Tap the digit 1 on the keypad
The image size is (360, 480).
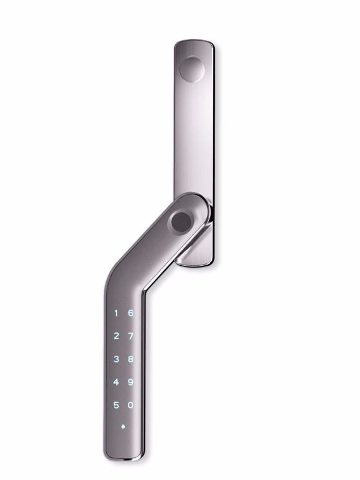[x=116, y=313]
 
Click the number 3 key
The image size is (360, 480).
[x=116, y=359]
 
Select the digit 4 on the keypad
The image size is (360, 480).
[x=116, y=382]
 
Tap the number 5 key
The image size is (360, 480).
[x=116, y=405]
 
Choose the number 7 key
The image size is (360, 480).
[x=130, y=335]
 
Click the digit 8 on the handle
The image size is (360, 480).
[x=130, y=359]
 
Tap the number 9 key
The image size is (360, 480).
[x=130, y=382]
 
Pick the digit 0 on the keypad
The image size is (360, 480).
[x=130, y=405]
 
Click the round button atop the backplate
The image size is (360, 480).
[x=192, y=69]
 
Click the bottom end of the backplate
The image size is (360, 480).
[x=198, y=262]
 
